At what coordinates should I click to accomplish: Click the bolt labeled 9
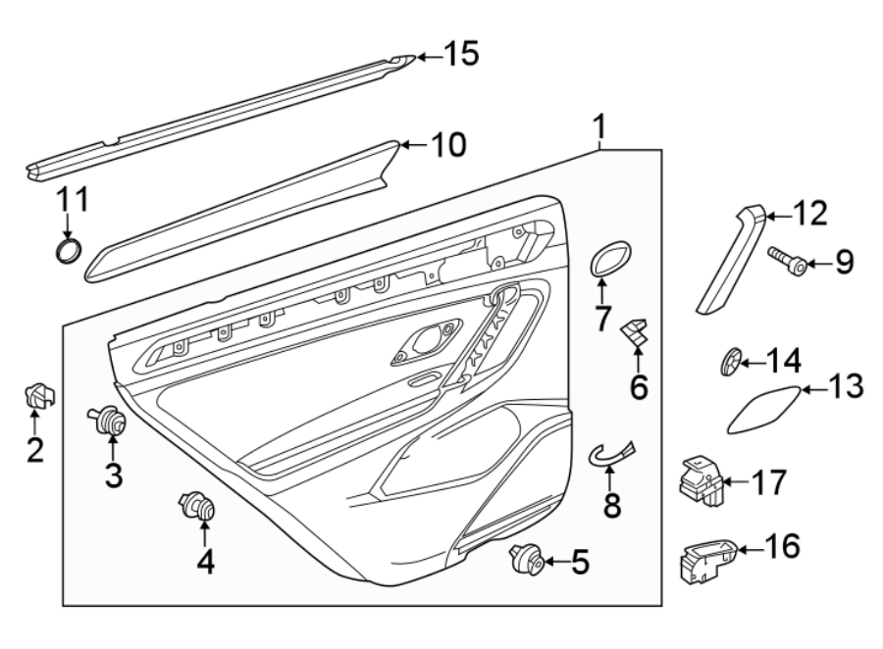pos(791,263)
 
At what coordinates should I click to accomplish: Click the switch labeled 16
pos(703,561)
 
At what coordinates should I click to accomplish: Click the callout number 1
pos(599,127)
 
